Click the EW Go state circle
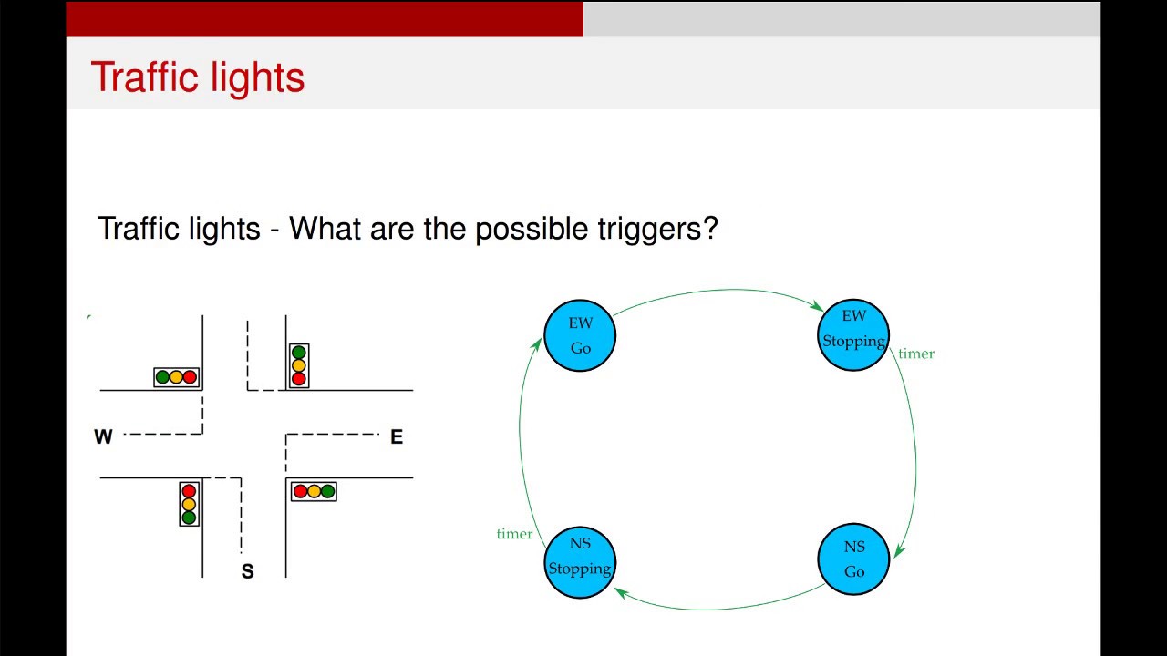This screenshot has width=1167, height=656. click(580, 335)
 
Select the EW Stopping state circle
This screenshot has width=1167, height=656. click(853, 335)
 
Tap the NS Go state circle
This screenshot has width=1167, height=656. click(853, 559)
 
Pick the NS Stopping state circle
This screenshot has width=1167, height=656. click(580, 561)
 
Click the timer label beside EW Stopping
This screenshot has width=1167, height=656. click(916, 354)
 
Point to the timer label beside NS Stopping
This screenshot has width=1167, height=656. click(514, 534)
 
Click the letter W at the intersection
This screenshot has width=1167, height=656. click(103, 437)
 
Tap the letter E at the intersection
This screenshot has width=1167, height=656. click(396, 437)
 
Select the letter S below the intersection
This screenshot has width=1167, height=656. click(247, 572)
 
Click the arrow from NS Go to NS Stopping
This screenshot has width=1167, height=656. click(720, 608)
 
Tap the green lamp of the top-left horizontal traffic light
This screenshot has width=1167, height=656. click(162, 377)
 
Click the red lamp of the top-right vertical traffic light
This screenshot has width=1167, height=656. click(298, 379)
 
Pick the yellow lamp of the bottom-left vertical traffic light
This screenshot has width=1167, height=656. click(189, 504)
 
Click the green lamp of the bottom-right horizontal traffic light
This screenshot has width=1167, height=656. click(328, 492)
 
